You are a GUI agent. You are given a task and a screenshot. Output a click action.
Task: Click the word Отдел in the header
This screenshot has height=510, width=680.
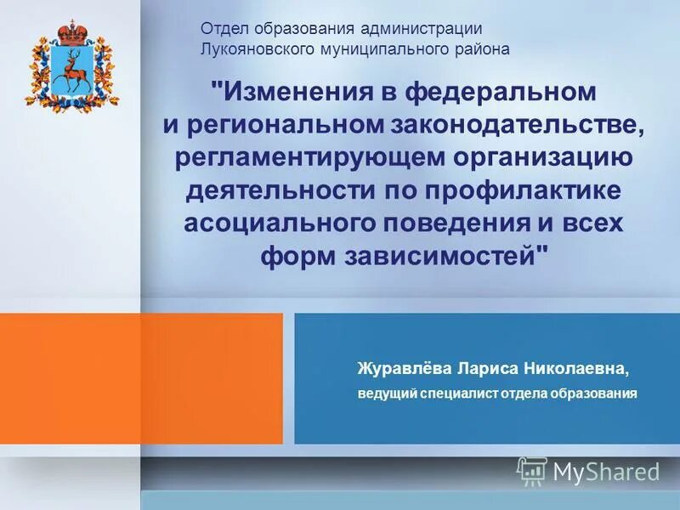coord(221,29)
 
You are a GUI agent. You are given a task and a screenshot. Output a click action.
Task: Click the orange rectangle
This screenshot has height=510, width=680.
coord(212,378)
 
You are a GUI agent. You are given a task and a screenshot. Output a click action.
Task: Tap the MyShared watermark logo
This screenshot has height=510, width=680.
coord(589,470)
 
